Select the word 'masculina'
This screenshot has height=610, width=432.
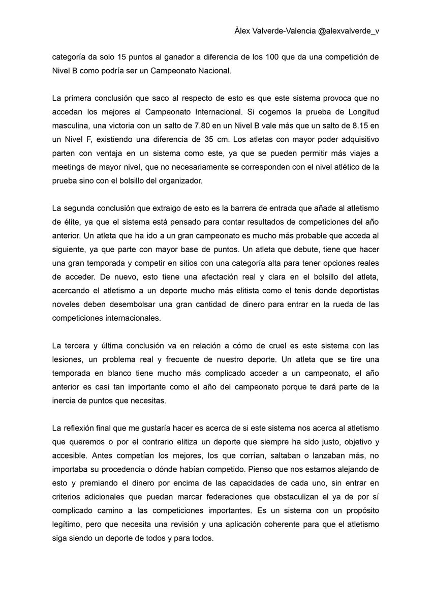pos(70,124)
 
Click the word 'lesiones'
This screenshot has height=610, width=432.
pos(67,360)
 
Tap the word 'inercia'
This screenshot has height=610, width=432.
pos(66,401)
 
